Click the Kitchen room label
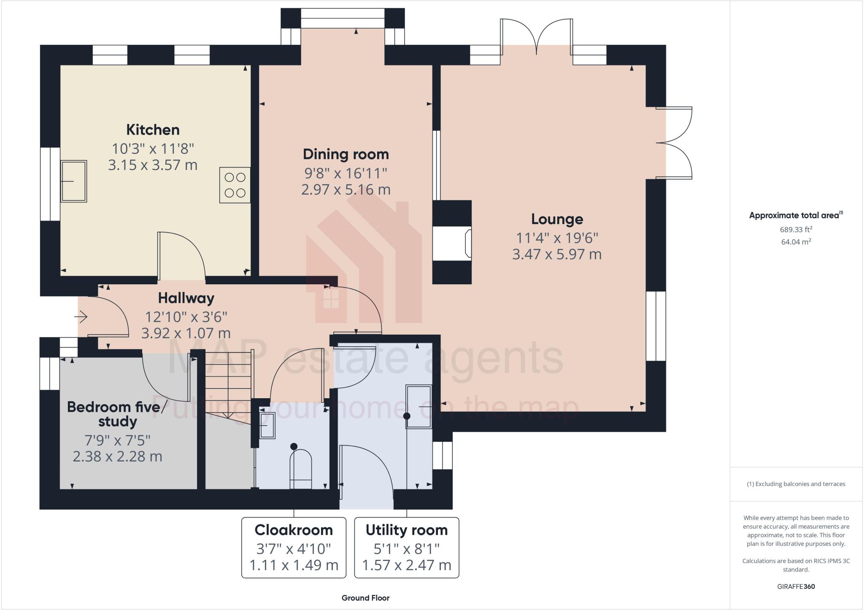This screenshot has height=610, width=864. pos(153,130)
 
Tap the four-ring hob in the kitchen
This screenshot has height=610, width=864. pos(235,185)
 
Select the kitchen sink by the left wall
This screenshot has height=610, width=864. pos(73,181)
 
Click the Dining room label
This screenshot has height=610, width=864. pos(346,154)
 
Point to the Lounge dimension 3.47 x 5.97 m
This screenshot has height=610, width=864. pos(556,254)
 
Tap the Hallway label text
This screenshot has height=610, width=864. pos(186,298)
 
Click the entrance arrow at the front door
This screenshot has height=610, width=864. pos(81,316)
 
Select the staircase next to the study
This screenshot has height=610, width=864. pos(228,384)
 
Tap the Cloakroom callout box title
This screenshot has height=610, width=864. pos(294,530)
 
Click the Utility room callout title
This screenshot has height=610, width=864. pos(406,530)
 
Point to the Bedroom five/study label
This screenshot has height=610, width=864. pos(117,414)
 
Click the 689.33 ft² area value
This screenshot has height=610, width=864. pos(796,230)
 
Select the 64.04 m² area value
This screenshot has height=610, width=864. pos(796,242)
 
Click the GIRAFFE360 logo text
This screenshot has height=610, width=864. pos(796,586)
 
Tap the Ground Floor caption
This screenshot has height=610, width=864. pos(365,598)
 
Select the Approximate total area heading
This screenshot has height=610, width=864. pos(796,215)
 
